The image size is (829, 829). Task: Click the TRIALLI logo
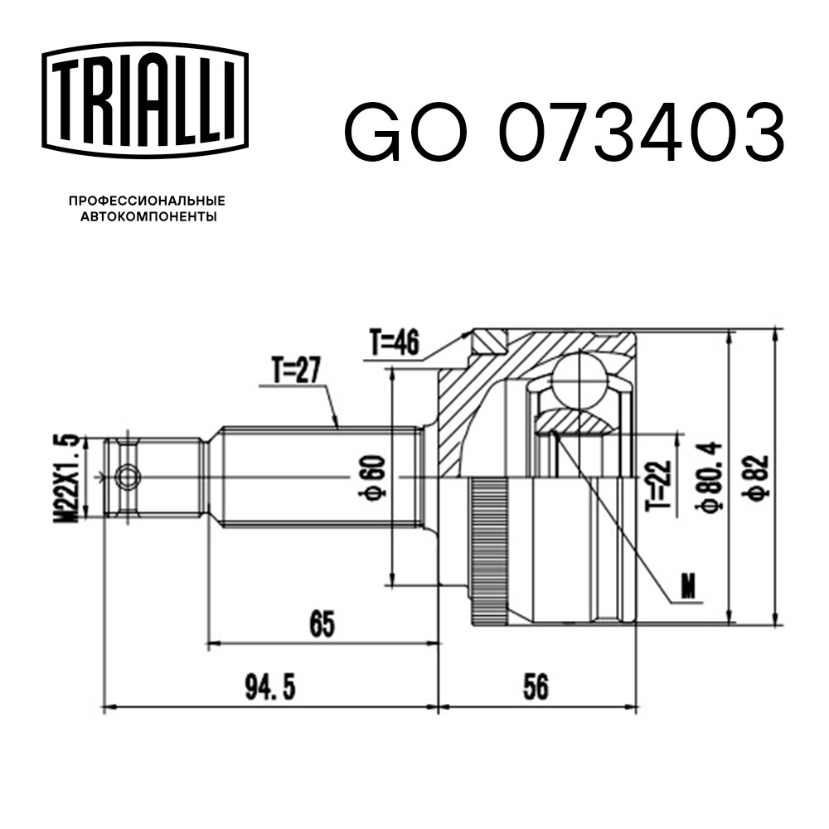tap(145, 100)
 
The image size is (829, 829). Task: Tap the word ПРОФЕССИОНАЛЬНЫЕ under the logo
tap(148, 201)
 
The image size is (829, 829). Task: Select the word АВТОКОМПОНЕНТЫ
tap(148, 216)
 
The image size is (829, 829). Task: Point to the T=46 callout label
tap(395, 342)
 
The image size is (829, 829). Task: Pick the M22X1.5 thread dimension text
tap(66, 478)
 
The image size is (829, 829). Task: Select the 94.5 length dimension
tap(270, 687)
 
